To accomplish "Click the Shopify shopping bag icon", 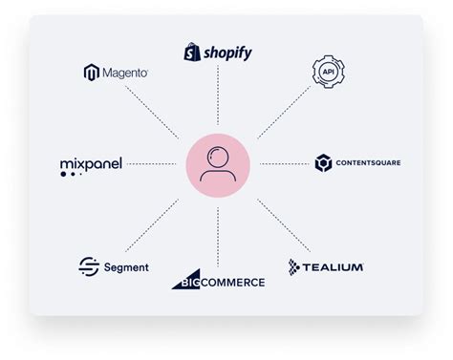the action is click(x=192, y=51).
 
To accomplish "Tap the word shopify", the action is click(x=226, y=53).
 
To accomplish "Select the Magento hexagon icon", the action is click(x=92, y=73).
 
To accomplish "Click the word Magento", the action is click(x=124, y=73).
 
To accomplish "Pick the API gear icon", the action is click(x=328, y=73).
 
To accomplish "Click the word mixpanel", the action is click(x=91, y=164).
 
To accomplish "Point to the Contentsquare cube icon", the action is click(x=322, y=163).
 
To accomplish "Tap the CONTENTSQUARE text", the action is click(x=368, y=163).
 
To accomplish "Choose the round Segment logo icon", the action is click(x=89, y=267).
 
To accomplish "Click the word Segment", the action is click(x=126, y=267).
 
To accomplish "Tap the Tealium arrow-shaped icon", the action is click(x=296, y=266).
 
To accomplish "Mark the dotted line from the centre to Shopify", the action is click(x=218, y=100).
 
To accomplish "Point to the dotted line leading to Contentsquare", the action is click(x=284, y=163).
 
